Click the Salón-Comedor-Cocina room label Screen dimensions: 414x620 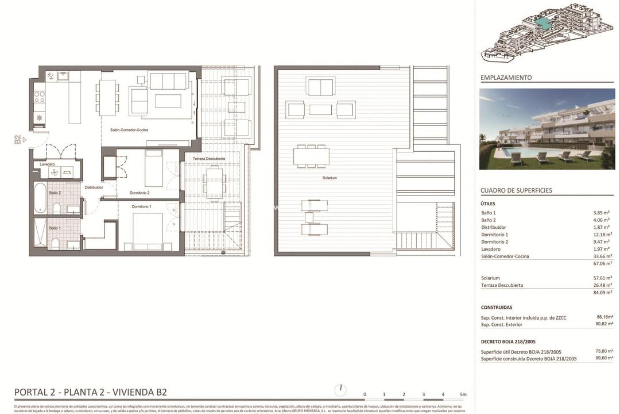tap(129, 130)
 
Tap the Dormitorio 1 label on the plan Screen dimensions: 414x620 tap(141, 206)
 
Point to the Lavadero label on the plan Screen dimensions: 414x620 tap(48, 164)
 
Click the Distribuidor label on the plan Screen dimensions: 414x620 tap(94, 187)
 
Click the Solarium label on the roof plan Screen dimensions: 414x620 tap(330, 178)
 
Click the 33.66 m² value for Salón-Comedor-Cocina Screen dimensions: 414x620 tap(602, 256)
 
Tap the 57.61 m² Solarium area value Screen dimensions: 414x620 tap(602, 278)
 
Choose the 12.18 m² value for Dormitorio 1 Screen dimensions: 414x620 tap(602, 235)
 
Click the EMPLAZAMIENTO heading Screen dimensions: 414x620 tap(506, 78)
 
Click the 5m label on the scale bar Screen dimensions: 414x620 tap(463, 394)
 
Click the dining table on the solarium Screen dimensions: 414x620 tap(312, 156)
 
